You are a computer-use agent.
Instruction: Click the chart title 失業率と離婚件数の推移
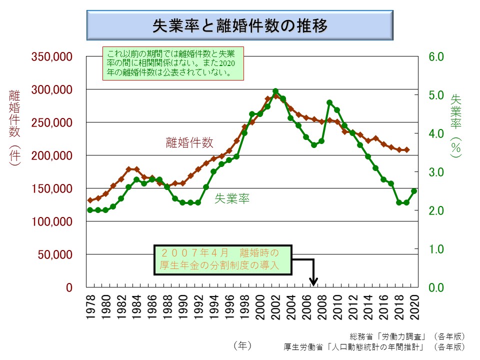tap(240, 25)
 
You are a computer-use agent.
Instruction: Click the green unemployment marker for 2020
tap(414, 191)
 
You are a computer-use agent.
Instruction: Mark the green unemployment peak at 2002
tap(275, 91)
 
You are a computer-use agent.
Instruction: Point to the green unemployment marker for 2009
tap(329, 102)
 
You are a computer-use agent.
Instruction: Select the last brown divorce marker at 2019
tap(406, 149)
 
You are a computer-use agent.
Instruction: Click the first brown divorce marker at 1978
tap(90, 200)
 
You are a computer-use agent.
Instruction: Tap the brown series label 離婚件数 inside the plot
tap(189, 143)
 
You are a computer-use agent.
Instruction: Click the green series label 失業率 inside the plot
tap(232, 198)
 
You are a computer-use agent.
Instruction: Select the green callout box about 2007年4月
tap(222, 259)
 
